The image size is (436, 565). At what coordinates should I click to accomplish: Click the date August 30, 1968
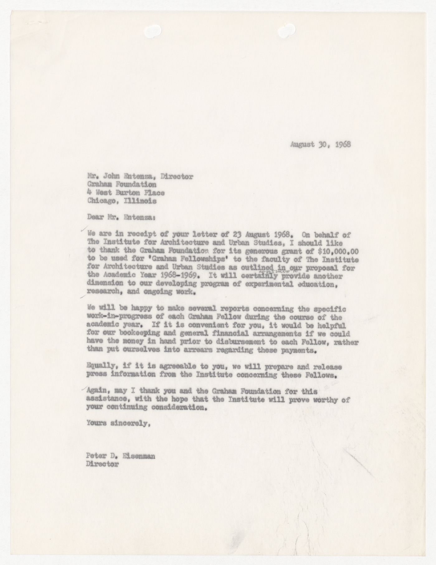pyautogui.click(x=320, y=144)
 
